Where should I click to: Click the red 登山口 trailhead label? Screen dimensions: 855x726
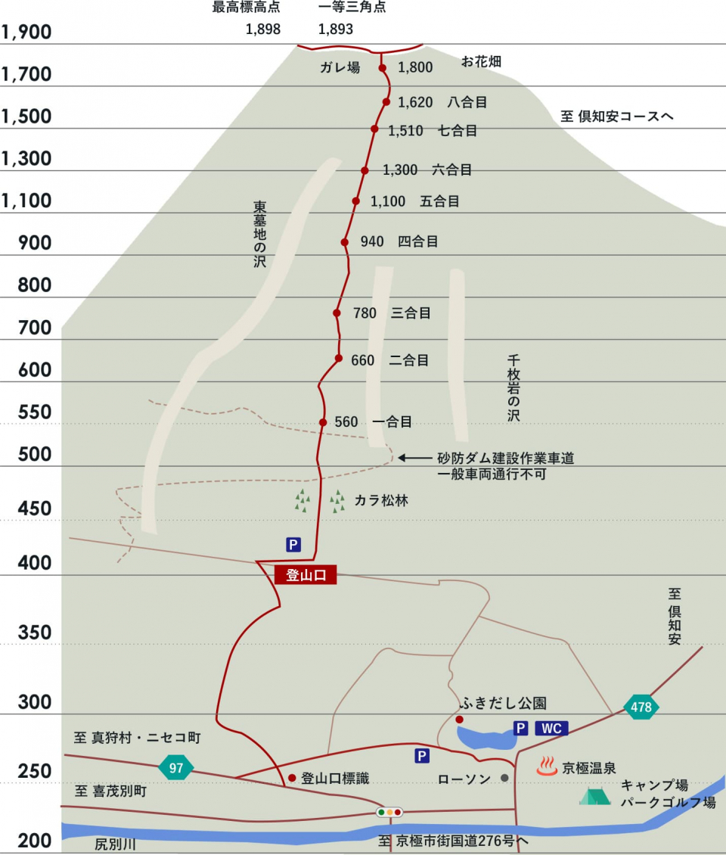pos(306,575)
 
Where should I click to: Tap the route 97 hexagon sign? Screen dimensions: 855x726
pos(176,768)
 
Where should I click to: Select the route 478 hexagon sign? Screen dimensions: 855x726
pos(641,707)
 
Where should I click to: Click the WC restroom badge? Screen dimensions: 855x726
pos(551,728)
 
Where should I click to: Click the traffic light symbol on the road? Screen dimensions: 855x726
pos(389,812)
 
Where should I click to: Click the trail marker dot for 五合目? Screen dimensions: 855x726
pos(355,201)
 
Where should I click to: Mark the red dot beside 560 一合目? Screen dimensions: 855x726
pos(323,422)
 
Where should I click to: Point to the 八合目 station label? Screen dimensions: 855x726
pos(467,102)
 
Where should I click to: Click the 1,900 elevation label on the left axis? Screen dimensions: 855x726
pos(26,33)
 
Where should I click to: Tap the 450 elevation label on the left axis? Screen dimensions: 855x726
pos(26,508)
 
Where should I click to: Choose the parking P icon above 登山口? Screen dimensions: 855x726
pos(293,543)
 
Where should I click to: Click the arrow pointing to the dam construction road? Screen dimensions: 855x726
pos(413,458)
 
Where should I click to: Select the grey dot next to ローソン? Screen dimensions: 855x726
pos(504,778)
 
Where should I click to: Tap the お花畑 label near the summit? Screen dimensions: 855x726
pos(481,62)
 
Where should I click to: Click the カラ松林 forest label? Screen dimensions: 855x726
pos(381,500)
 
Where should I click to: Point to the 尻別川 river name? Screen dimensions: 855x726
pos(115,844)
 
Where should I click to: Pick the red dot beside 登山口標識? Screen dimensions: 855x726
pos(292,777)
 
